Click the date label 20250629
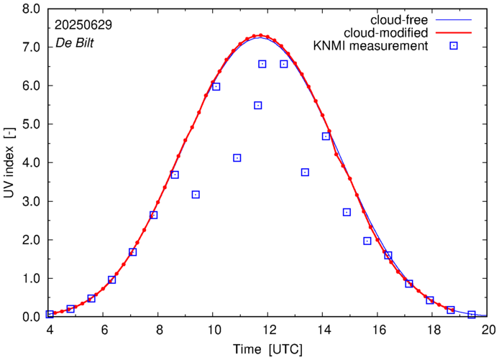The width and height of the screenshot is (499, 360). (x=83, y=24)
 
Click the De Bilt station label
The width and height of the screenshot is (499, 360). (x=74, y=43)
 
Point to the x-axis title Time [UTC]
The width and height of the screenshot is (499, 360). (x=268, y=349)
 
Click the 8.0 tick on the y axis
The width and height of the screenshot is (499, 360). (x=31, y=9)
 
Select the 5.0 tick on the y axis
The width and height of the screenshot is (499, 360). (x=31, y=125)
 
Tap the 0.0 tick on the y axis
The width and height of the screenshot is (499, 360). (x=31, y=317)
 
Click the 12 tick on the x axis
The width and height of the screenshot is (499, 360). (x=269, y=331)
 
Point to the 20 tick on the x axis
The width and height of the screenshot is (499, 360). (x=488, y=331)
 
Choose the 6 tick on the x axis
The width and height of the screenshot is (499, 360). (x=104, y=331)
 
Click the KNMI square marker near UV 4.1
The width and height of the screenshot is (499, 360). (x=237, y=158)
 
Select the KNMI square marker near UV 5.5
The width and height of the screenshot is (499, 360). (x=258, y=106)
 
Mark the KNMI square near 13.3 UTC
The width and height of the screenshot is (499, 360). (x=305, y=172)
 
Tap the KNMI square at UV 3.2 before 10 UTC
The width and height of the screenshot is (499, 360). (x=196, y=195)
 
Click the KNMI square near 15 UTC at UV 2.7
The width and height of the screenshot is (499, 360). (x=347, y=213)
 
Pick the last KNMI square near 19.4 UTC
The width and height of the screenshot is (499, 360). (x=472, y=315)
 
